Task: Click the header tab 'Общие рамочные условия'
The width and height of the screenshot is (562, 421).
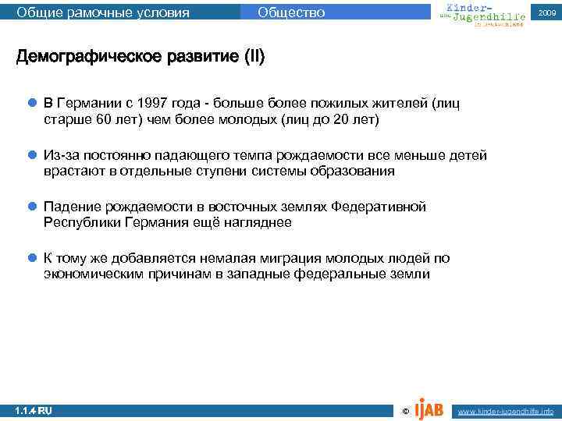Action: [x=103, y=12]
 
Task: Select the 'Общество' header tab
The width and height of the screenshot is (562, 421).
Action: [x=291, y=12]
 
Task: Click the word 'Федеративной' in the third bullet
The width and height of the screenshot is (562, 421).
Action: [x=379, y=207]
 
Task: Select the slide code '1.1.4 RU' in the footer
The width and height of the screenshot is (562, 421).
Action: [x=34, y=410]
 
